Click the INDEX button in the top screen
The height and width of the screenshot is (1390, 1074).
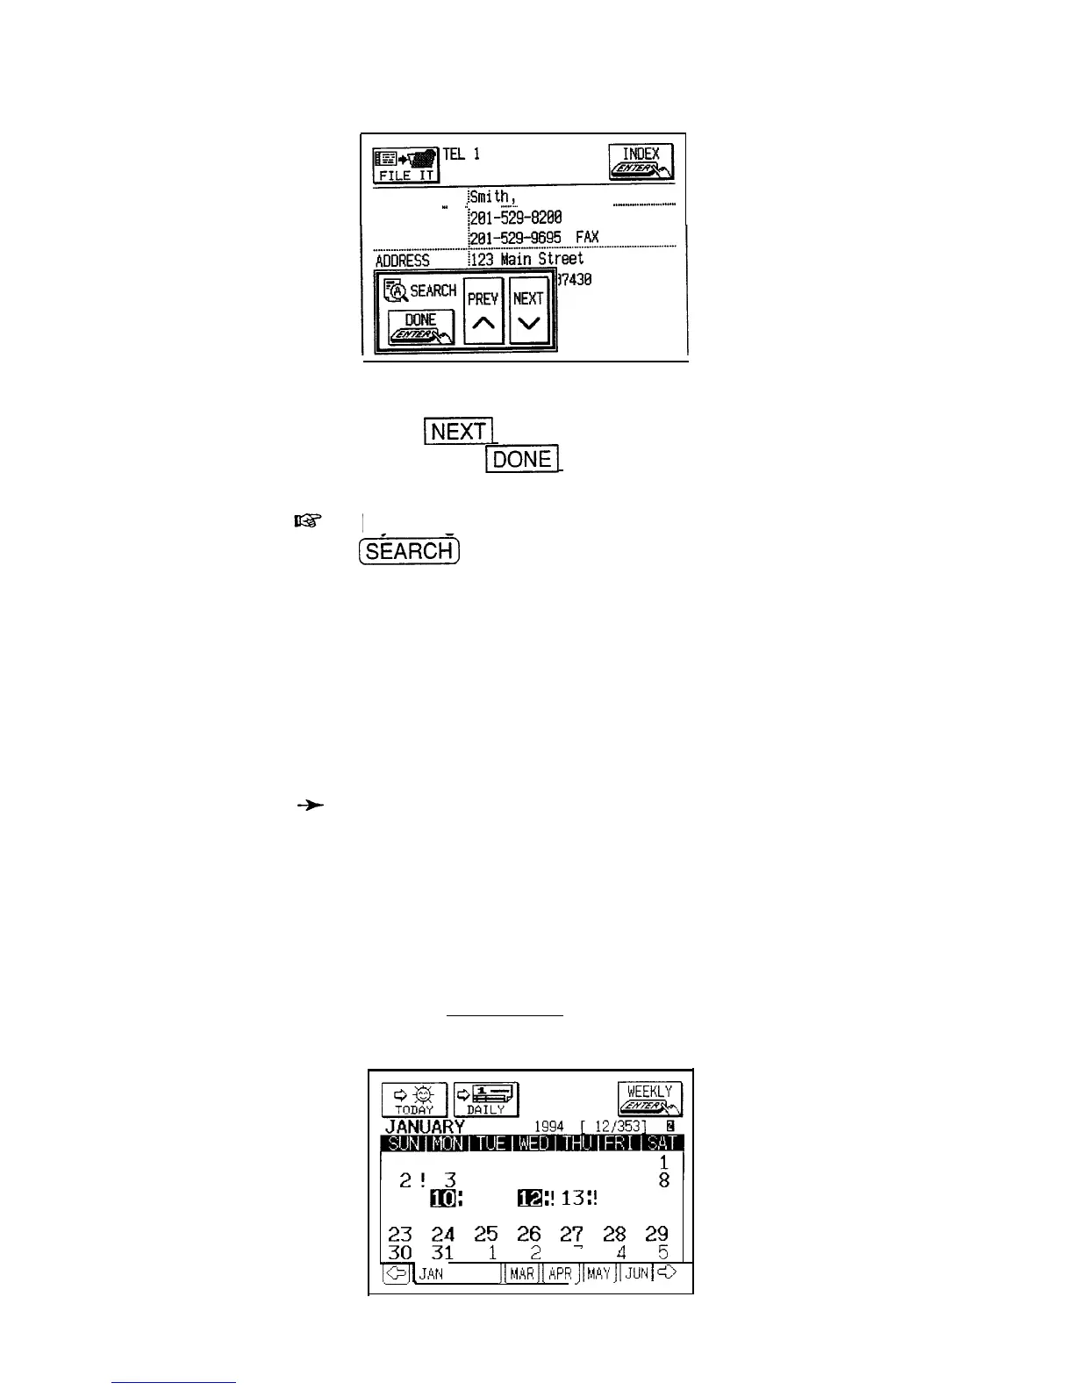(641, 162)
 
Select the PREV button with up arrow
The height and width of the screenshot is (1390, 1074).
(483, 312)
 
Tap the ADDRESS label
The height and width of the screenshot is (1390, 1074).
(403, 261)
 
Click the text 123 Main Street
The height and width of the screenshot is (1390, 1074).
(527, 260)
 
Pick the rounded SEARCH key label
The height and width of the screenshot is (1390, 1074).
(410, 551)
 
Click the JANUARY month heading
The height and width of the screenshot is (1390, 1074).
(425, 1127)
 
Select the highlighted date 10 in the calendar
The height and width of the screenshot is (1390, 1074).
(444, 1197)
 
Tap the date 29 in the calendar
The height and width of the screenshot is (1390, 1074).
(656, 1234)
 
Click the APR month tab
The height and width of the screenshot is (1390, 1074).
(560, 1273)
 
